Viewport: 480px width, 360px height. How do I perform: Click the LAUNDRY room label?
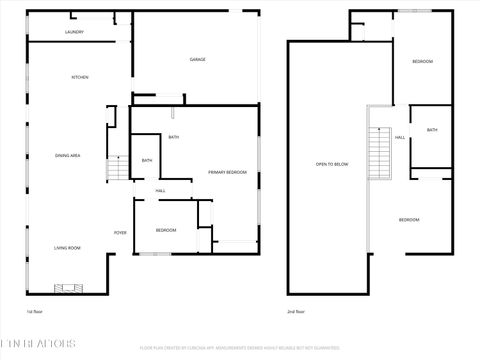74,32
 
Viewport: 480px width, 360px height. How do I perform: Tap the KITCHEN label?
79,78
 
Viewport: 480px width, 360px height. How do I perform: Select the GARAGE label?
198,60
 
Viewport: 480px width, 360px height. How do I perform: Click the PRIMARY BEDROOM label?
227,172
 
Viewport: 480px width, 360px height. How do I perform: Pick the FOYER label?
119,233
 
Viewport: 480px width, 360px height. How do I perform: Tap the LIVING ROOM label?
67,247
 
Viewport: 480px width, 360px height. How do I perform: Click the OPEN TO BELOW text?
332,164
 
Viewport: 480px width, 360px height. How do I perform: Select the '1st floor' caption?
35,312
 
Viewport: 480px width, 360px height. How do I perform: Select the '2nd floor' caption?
297,312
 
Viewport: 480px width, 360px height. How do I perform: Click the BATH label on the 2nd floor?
431,130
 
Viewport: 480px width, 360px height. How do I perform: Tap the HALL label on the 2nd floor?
399,137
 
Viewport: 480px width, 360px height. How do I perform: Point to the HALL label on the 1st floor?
159,190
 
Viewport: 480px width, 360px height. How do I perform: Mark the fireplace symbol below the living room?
71,288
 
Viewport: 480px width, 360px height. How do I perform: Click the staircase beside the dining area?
115,169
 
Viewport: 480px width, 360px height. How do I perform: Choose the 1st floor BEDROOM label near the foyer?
166,230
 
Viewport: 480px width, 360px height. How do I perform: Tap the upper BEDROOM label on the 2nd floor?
422,62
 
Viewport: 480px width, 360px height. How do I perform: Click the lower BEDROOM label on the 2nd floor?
409,220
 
